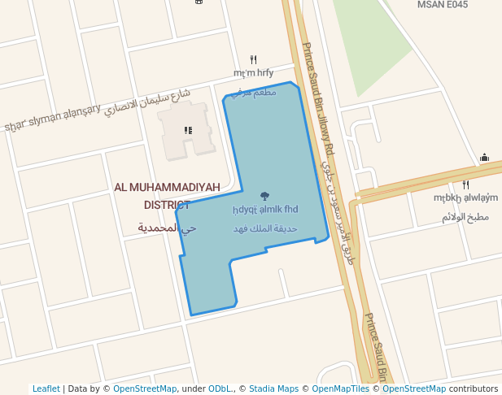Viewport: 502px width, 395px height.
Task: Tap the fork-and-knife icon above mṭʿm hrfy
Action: coord(253,59)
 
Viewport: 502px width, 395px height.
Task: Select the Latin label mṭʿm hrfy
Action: coord(253,72)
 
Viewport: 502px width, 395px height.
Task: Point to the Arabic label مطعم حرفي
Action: coord(253,93)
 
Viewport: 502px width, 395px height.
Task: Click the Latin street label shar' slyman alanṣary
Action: coord(53,118)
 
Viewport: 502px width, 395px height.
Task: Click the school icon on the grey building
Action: coord(188,130)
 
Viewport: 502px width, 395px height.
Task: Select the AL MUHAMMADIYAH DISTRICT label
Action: coord(168,196)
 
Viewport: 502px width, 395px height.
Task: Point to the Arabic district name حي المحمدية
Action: coord(167,228)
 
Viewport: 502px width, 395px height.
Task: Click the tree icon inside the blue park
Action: coord(264,196)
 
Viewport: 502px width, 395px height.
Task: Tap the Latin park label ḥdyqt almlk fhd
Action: coord(264,209)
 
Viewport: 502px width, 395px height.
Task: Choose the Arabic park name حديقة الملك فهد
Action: coord(264,229)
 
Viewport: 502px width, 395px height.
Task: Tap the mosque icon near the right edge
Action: coord(484,158)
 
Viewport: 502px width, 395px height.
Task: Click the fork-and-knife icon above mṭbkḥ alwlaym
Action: coord(465,184)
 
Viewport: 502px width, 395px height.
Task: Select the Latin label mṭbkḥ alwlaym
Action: coord(465,197)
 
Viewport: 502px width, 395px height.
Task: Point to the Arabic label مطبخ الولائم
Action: coord(465,217)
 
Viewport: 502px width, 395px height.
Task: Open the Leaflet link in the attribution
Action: coord(46,388)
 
